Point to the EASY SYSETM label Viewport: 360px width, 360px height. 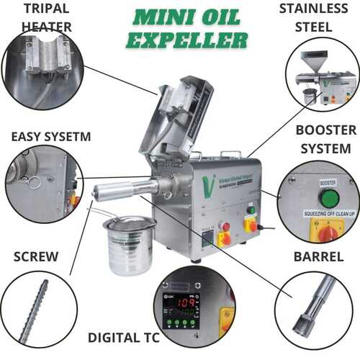pyautogui.click(x=42, y=136)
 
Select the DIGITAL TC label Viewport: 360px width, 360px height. pyautogui.click(x=123, y=337)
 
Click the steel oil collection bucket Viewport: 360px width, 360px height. pyautogui.click(x=130, y=245)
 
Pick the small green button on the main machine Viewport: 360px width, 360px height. pyautogui.click(x=251, y=211)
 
